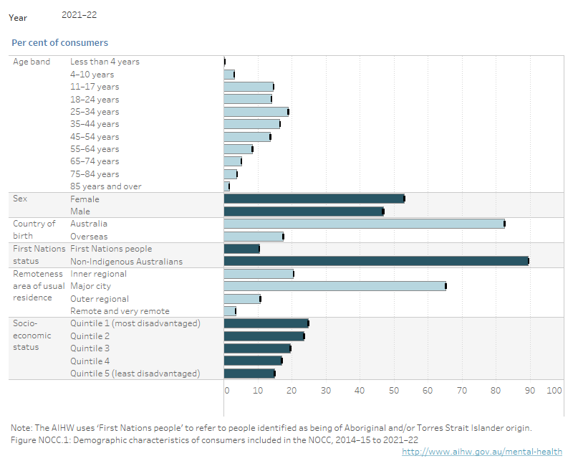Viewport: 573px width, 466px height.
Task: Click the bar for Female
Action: [x=314, y=199]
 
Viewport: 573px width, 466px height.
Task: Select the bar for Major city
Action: [x=334, y=286]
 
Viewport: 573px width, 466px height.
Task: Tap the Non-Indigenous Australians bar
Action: [x=376, y=261]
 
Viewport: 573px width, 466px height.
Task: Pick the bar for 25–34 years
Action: [x=256, y=112]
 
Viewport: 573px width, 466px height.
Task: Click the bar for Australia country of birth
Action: [x=364, y=224]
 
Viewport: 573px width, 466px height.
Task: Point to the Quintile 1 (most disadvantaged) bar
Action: [x=266, y=323]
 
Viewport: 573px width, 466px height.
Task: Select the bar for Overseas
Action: [x=254, y=237]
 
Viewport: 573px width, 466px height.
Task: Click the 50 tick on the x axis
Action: [x=394, y=390]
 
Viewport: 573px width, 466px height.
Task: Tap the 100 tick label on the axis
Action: [x=554, y=390]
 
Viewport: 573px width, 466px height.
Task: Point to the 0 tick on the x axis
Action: [x=226, y=390]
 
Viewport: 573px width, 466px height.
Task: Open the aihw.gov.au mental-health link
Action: [x=481, y=452]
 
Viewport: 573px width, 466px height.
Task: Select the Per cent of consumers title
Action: [x=59, y=43]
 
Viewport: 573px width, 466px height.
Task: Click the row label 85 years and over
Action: [x=105, y=186]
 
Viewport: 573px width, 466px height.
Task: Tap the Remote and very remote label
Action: [x=120, y=311]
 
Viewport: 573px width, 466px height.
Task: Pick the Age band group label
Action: [x=32, y=62]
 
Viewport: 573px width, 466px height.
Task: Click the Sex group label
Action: [x=20, y=199]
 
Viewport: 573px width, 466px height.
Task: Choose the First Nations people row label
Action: [x=111, y=249]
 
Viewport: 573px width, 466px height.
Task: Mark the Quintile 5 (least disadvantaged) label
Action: [x=135, y=374]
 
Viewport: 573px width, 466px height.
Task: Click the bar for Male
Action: [x=304, y=211]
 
